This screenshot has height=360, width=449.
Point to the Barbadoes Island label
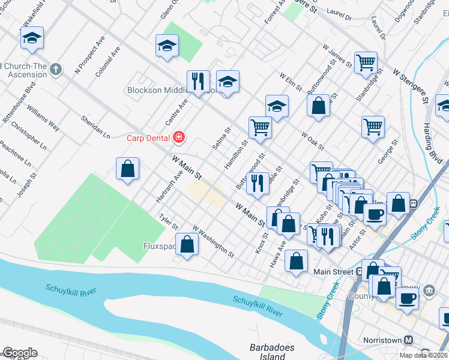click(268, 352)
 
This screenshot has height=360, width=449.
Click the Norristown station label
click(382, 340)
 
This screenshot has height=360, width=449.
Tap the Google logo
click(19, 353)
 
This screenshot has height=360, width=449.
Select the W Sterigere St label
click(409, 84)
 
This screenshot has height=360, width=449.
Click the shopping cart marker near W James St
click(365, 62)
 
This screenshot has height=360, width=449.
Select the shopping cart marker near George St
click(373, 127)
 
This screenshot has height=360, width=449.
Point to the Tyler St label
click(168, 222)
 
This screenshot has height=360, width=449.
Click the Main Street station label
click(334, 272)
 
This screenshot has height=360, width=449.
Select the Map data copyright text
click(424, 355)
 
